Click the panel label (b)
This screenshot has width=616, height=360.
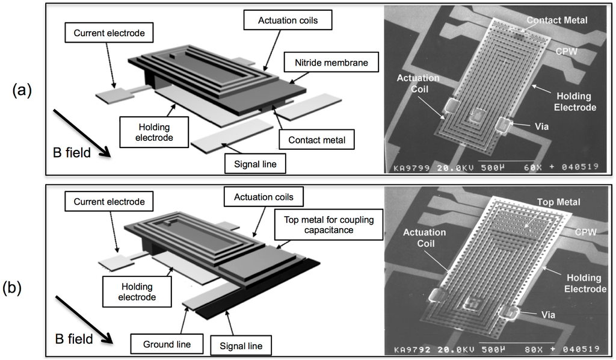(x=22, y=288)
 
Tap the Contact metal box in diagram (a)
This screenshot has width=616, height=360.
(x=316, y=140)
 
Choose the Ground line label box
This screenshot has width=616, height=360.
(x=167, y=344)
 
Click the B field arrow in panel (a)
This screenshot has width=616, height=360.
(x=81, y=132)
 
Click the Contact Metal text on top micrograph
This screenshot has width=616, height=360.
(x=556, y=20)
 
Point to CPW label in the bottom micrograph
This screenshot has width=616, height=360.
(x=581, y=231)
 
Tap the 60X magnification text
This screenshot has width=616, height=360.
(x=530, y=168)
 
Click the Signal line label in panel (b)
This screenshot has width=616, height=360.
(x=240, y=346)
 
